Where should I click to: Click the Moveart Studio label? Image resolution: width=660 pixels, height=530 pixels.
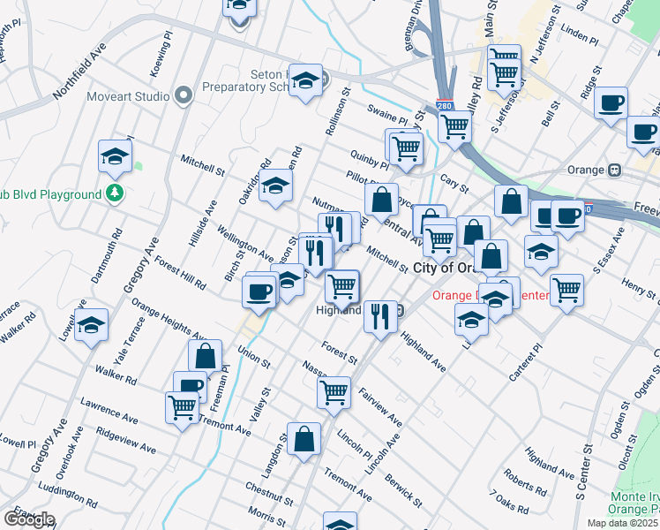(128, 95)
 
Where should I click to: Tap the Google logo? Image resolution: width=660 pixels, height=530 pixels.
(29, 519)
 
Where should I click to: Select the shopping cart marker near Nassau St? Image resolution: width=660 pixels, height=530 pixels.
(334, 392)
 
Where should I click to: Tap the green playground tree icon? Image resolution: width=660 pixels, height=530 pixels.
(113, 193)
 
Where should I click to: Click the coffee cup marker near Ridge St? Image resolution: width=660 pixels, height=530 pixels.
(611, 102)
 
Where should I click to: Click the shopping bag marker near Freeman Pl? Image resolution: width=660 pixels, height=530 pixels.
(205, 356)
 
